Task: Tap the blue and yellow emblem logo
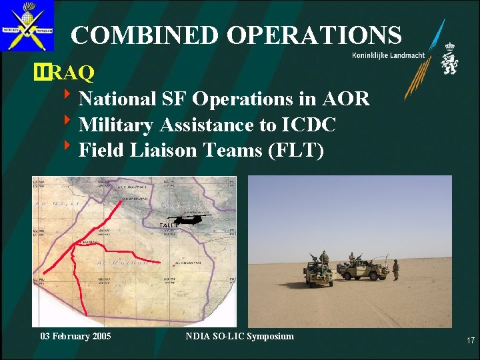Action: [x=27, y=26]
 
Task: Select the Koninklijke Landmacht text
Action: [x=388, y=55]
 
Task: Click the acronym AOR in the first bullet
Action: [x=345, y=99]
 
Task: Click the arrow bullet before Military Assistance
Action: [x=69, y=124]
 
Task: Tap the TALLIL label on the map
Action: [x=169, y=227]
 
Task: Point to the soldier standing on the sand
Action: [x=395, y=269]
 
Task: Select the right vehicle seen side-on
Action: [x=363, y=269]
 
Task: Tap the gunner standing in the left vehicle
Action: [x=324, y=257]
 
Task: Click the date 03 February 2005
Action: [x=75, y=336]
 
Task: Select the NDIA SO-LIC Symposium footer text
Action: [x=239, y=336]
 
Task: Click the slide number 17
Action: [x=470, y=341]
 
